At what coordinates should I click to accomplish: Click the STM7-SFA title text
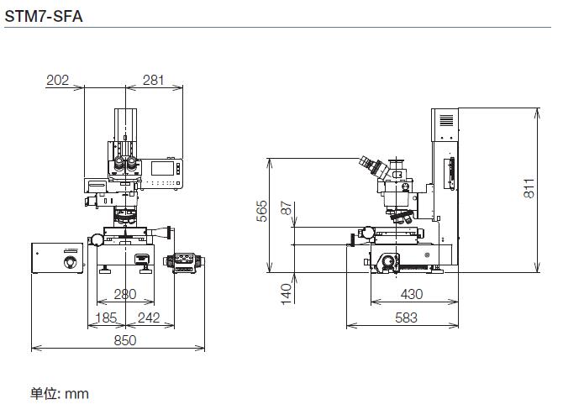(44, 16)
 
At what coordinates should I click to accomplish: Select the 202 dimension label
(57, 80)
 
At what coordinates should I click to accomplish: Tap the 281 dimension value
(153, 80)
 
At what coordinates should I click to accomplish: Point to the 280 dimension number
(125, 294)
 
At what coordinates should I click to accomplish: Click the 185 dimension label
(106, 318)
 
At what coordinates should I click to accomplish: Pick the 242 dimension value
(149, 318)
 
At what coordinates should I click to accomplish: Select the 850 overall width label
(125, 340)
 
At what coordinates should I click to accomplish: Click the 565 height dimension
(262, 211)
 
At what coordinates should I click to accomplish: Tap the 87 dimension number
(287, 207)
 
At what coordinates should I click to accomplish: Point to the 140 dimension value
(287, 294)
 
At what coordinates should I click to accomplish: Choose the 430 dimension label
(412, 294)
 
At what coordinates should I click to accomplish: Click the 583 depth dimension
(406, 318)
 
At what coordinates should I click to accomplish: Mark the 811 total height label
(529, 188)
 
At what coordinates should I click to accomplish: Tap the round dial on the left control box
(71, 262)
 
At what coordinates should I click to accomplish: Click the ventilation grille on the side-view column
(447, 120)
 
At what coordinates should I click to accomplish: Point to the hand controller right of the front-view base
(184, 263)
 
